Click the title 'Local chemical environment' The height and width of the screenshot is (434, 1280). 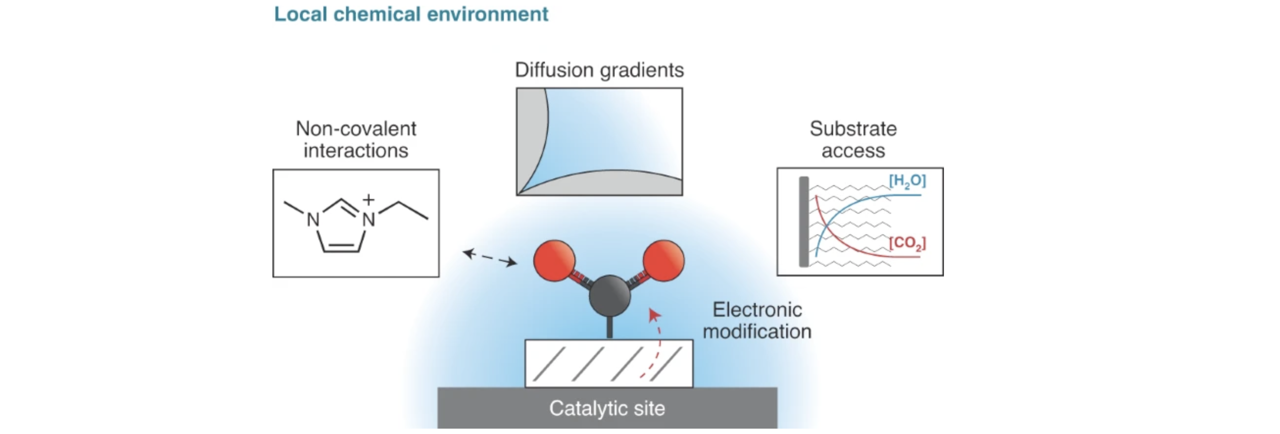pos(411,14)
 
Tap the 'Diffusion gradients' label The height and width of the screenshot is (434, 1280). pos(599,70)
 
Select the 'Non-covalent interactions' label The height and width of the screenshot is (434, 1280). pos(356,139)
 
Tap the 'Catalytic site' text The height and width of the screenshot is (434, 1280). pos(607,408)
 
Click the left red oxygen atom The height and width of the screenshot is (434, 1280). pos(554,261)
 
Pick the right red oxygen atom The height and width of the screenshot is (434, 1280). pos(663,261)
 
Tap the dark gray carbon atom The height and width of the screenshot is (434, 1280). pos(610,296)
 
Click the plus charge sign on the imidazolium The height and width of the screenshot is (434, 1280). pos(368,200)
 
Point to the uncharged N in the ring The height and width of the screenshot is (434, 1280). pos(313,220)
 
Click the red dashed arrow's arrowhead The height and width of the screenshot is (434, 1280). pos(654,315)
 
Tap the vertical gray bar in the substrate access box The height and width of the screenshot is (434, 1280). pos(803,222)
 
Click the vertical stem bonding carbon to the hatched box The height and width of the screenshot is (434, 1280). pos(610,328)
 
